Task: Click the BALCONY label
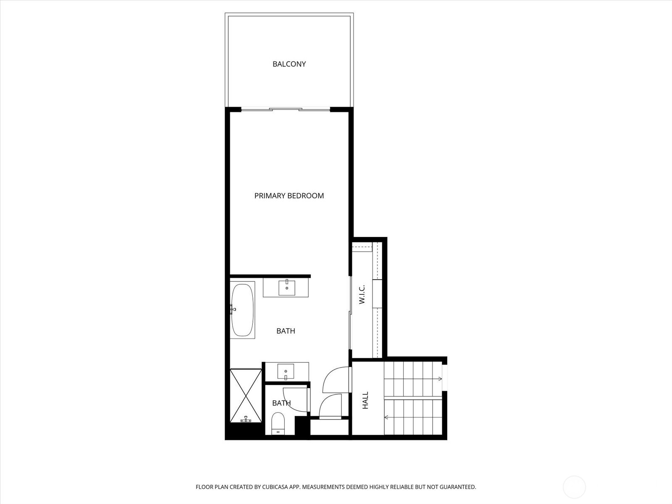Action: pyautogui.click(x=289, y=64)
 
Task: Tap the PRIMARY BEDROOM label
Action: pyautogui.click(x=289, y=196)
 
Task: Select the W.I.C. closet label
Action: pyautogui.click(x=362, y=294)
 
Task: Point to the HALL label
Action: pyautogui.click(x=365, y=400)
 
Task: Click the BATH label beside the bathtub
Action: pyautogui.click(x=286, y=331)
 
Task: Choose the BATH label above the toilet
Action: pyautogui.click(x=281, y=403)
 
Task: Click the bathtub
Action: pyautogui.click(x=242, y=310)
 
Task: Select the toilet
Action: pyautogui.click(x=278, y=423)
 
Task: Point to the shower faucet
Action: pyautogui.click(x=246, y=419)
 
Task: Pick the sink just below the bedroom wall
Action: pyautogui.click(x=287, y=288)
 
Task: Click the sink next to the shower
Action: pyautogui.click(x=286, y=372)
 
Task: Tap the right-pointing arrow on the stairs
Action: pyautogui.click(x=439, y=379)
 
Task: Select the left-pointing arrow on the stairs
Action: pyautogui.click(x=386, y=417)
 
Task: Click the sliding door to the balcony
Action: pyautogui.click(x=286, y=110)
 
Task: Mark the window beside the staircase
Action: pyautogui.click(x=445, y=378)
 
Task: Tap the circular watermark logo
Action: pyautogui.click(x=574, y=487)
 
